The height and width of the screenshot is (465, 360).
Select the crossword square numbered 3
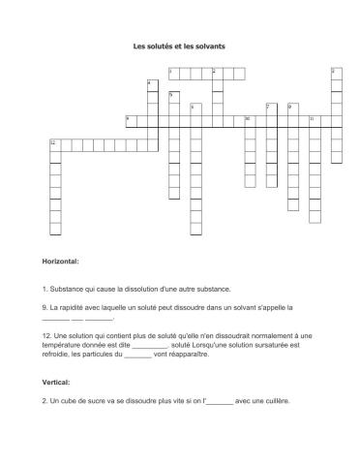336,73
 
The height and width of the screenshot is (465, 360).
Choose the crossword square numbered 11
314,119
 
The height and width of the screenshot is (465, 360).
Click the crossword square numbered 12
55,143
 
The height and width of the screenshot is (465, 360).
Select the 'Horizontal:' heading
61,262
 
